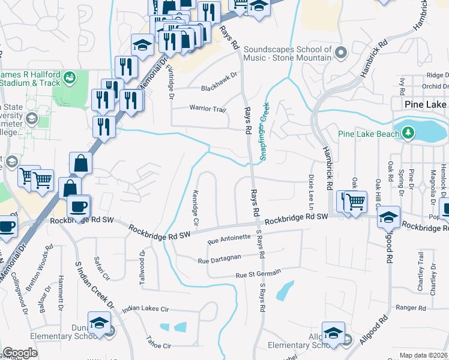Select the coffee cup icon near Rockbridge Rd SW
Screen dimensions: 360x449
pyautogui.click(x=79, y=207)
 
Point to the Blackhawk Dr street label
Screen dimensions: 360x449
pyautogui.click(x=220, y=88)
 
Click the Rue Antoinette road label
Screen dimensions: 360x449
pyautogui.click(x=228, y=239)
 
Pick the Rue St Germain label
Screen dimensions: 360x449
pyautogui.click(x=258, y=275)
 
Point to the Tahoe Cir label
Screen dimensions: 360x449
pyautogui.click(x=158, y=346)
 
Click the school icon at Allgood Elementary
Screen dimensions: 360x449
pyautogui.click(x=333, y=333)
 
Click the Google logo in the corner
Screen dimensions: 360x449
pyautogui.click(x=19, y=353)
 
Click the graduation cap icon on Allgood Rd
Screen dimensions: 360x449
pyautogui.click(x=389, y=217)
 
